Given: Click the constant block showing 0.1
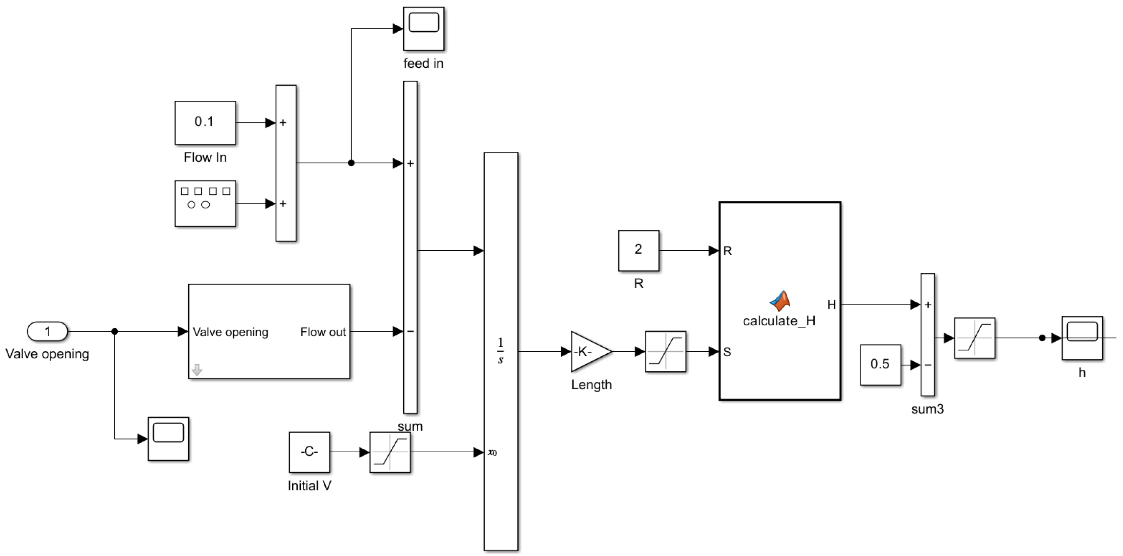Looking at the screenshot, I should pos(205,122).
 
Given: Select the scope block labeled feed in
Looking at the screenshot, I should pos(423,28).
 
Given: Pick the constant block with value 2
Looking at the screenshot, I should pos(638,250).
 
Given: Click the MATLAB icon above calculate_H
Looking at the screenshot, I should pos(780,300).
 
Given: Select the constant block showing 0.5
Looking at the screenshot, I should pos(880,365).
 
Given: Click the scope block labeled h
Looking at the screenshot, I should pos(1082,338).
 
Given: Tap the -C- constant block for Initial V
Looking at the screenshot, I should pos(309,452).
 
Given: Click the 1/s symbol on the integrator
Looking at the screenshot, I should pos(501,351).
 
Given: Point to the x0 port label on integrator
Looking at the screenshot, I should pos(492,453).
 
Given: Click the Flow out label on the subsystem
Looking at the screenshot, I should pos(323,332).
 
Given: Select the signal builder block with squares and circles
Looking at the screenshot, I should pos(205,203).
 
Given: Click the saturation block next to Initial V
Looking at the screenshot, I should pos(390,452).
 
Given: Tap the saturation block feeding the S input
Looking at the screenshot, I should pos(665,351).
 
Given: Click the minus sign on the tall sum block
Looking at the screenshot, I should pos(410,331).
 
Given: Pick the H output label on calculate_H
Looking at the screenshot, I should pos(831,305).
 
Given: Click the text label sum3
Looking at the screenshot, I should pos(927,409).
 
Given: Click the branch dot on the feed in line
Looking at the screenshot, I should pos(351,163).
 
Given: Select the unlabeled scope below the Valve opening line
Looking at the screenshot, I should pos(168,438).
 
